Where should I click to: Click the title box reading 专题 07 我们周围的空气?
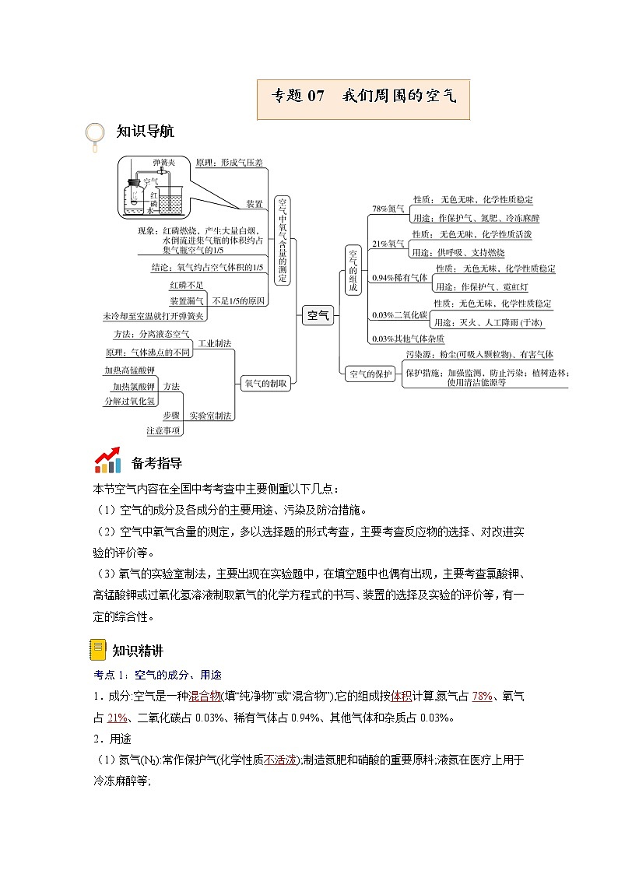[363, 97]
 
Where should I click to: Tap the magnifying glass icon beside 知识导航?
[95, 135]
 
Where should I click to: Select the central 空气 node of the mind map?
[318, 314]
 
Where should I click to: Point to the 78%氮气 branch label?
[388, 209]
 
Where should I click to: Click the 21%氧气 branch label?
[388, 244]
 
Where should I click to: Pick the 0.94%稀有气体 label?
[399, 278]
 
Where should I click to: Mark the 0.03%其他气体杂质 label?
[408, 339]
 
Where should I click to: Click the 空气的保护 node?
[370, 374]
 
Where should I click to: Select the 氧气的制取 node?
[266, 383]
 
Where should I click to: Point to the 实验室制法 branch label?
[210, 416]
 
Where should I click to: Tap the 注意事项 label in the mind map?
[163, 430]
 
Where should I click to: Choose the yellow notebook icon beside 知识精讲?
[98, 649]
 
